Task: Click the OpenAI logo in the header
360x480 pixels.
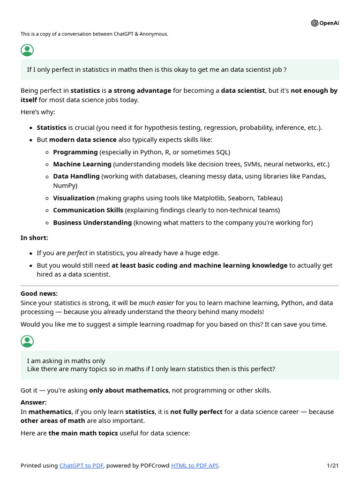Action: point(324,23)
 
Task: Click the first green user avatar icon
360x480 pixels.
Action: point(28,51)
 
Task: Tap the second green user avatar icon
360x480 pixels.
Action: point(28,342)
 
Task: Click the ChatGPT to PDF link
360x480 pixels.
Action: point(82,465)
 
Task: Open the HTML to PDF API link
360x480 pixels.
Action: point(195,465)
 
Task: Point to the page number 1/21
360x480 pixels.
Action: point(332,465)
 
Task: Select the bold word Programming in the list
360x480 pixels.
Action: point(75,152)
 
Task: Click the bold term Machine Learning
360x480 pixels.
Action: point(82,164)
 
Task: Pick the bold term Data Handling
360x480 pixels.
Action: point(76,176)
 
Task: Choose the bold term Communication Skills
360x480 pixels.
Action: point(88,210)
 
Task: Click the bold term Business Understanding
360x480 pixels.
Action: point(92,222)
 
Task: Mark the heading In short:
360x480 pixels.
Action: point(34,238)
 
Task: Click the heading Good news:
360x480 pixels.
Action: point(39,293)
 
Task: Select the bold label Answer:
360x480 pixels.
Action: point(34,402)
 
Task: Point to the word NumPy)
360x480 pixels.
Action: point(65,186)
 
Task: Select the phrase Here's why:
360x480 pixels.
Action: point(37,112)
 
